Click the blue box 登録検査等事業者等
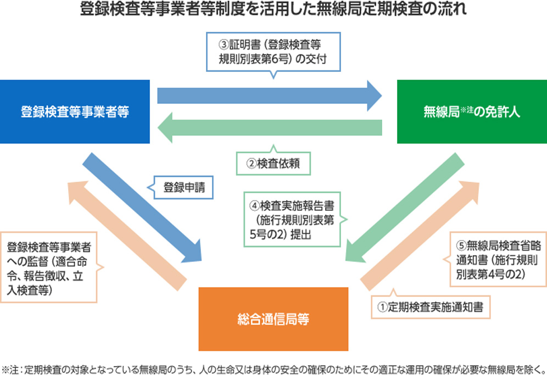pyautogui.click(x=75, y=112)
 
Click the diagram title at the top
pyautogui.click(x=273, y=10)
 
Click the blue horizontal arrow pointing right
pyautogui.click(x=269, y=96)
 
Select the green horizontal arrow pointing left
pyautogui.click(x=269, y=127)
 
